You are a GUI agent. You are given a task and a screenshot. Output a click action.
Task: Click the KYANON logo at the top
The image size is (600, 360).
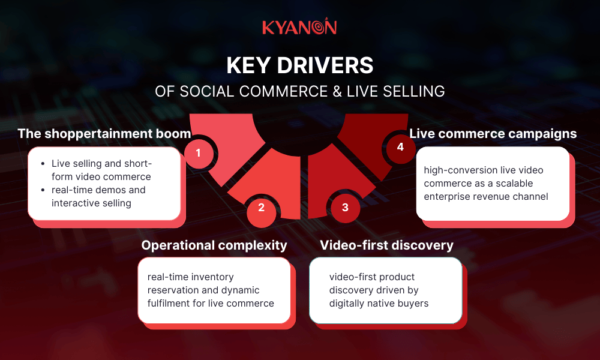pos(299,27)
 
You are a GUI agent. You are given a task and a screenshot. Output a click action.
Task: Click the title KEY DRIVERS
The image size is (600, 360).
pos(299,66)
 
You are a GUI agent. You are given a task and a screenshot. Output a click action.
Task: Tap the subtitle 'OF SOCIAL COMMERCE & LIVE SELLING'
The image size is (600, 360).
pos(299,91)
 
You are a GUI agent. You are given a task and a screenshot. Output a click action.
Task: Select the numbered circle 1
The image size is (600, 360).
pos(198,153)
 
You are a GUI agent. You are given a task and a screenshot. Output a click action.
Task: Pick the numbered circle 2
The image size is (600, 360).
pos(261,208)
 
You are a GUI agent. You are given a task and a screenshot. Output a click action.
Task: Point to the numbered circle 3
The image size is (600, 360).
pos(344,208)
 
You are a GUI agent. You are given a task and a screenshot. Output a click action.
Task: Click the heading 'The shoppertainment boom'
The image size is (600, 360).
pos(104,133)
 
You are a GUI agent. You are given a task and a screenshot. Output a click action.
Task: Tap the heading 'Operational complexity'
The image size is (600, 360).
pos(214,245)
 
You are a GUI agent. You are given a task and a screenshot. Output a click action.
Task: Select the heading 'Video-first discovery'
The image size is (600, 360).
pos(386,245)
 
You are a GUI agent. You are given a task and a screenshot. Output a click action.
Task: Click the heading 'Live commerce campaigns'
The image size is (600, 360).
pos(493,133)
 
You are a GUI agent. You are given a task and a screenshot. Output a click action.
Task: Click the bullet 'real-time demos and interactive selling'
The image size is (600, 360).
pos(98,196)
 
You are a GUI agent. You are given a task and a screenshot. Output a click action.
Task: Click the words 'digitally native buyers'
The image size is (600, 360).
pos(379,303)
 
